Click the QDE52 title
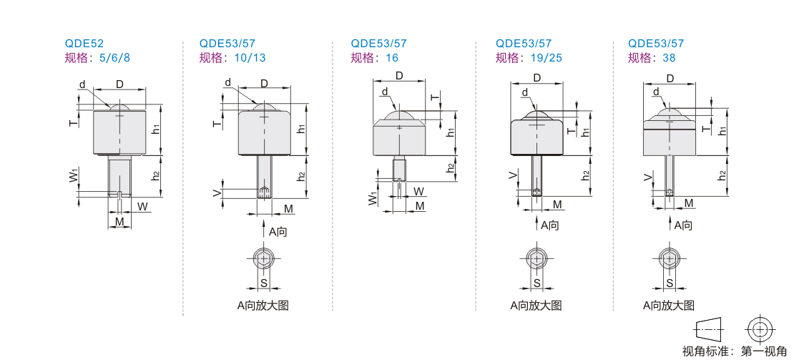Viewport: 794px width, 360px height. (84, 44)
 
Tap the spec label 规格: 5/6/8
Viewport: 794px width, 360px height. (97, 57)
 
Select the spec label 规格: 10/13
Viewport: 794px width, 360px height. (232, 57)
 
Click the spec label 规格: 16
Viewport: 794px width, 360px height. (375, 57)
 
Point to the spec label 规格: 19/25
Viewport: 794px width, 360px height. (529, 57)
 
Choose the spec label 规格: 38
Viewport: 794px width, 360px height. (652, 57)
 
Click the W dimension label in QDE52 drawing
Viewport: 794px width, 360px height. (143, 207)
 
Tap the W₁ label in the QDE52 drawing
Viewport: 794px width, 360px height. (74, 177)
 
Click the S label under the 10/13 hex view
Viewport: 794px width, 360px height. (263, 282)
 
